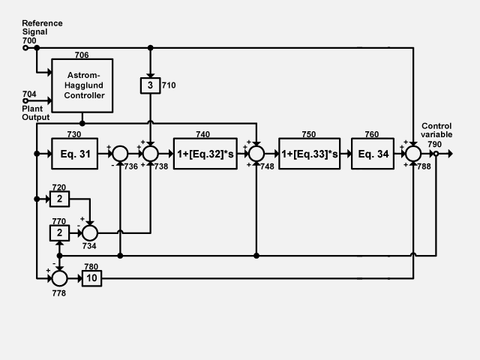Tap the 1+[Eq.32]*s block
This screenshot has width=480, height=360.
click(204, 154)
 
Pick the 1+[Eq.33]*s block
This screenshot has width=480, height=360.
click(309, 154)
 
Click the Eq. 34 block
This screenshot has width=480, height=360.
click(373, 154)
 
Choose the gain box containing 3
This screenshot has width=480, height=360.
click(150, 85)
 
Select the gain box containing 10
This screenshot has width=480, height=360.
click(91, 278)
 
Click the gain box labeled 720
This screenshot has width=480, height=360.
click(60, 199)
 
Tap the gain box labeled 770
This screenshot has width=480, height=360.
click(60, 233)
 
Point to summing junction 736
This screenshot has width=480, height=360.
click(121, 154)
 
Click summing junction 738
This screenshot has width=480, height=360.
click(150, 154)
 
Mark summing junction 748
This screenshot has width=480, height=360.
click(256, 154)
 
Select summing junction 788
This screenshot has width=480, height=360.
click(413, 154)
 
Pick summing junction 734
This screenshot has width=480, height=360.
click(91, 232)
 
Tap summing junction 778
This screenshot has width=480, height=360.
click(59, 278)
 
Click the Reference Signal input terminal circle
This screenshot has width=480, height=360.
click(25, 48)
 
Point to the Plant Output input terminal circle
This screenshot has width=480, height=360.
click(25, 100)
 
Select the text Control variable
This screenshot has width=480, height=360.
click(436, 130)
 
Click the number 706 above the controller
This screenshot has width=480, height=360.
click(82, 55)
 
